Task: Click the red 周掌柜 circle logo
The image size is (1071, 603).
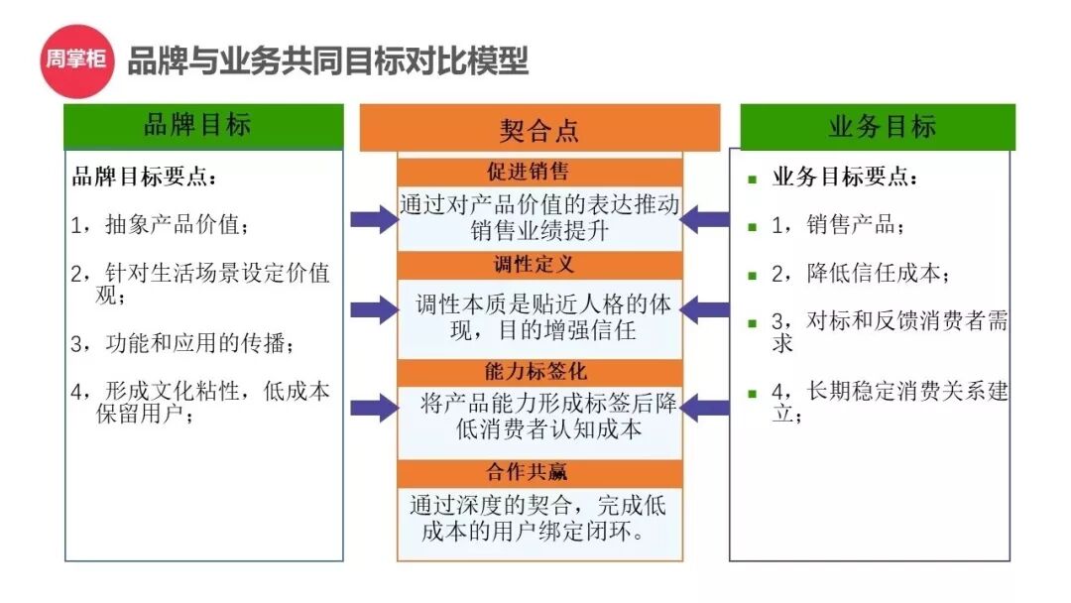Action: pos(74,60)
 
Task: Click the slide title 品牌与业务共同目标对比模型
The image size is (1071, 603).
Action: pos(327,61)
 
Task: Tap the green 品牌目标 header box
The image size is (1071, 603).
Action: pos(203,126)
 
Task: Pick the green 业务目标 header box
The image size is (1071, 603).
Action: pos(878,127)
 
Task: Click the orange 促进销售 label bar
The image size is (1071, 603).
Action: pos(539,172)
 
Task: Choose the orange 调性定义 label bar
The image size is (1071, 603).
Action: pos(539,265)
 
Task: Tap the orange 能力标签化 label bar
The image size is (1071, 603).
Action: pos(539,372)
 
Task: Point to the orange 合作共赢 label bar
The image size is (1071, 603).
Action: pos(539,472)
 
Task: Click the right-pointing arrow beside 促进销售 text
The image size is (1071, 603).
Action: pos(374,218)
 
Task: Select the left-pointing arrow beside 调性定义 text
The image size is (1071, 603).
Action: pos(705,309)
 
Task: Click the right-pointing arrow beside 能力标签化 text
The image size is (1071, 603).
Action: pos(374,407)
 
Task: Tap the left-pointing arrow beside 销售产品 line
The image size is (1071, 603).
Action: pos(705,218)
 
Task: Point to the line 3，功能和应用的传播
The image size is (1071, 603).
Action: pos(182,344)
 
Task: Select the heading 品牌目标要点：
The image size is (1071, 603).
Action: pos(144,178)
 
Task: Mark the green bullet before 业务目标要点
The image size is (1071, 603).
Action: pos(752,179)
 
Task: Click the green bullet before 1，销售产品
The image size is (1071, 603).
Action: pos(752,226)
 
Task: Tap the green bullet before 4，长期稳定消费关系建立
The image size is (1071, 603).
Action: pos(752,393)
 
